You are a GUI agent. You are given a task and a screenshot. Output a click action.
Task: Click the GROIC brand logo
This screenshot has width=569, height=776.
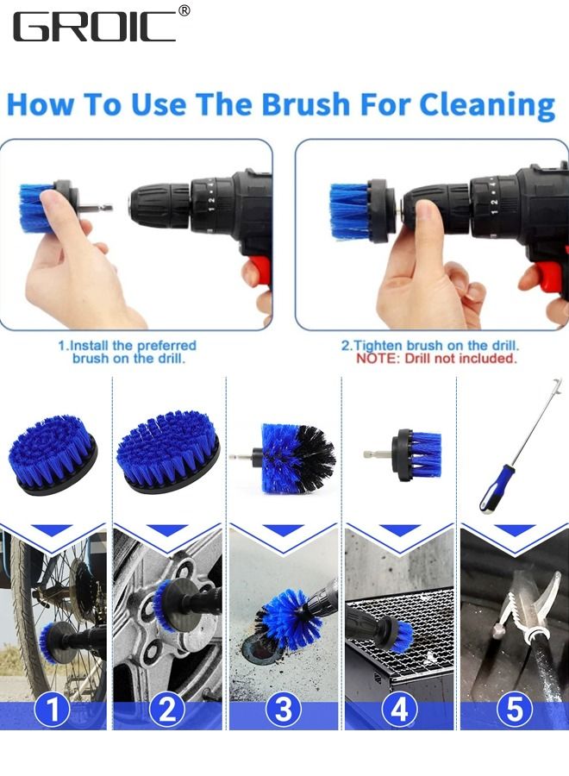click(94, 27)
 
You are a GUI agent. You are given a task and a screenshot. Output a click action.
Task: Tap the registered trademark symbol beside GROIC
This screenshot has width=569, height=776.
click(184, 11)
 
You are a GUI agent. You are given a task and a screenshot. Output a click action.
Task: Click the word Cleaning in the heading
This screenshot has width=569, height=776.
click(487, 105)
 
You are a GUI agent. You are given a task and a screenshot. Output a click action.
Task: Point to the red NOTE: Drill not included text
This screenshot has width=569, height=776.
click(436, 358)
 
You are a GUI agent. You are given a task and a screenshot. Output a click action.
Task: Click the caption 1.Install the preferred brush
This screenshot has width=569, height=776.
click(127, 351)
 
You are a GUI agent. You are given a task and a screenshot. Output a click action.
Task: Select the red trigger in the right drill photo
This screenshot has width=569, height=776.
click(551, 276)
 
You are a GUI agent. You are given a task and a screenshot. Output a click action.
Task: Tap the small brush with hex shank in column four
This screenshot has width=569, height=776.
click(417, 454)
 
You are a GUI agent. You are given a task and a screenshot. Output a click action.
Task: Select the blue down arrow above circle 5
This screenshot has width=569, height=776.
click(515, 530)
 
